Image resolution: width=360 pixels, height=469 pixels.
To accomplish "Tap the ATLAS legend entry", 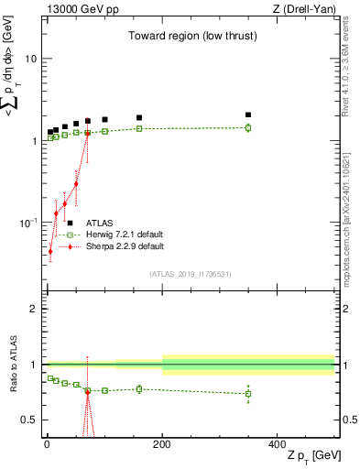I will point(100,223).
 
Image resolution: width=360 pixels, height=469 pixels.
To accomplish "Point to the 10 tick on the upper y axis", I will point(30,59).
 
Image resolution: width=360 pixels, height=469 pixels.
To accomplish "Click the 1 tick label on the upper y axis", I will point(34,141).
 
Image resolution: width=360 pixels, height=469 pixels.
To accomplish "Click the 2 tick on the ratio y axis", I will point(34,309).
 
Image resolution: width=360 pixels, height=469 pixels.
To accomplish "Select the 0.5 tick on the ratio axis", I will point(29,420).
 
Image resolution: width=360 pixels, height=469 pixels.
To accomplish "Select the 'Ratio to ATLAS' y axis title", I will point(12,367).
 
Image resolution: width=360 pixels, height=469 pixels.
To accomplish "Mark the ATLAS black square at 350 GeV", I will point(248,115).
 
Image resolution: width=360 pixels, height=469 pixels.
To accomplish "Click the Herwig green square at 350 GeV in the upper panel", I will point(248,127).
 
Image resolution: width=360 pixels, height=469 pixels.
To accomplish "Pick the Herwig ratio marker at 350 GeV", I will point(248,394).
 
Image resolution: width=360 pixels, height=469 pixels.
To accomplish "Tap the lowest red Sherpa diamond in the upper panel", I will point(49,251).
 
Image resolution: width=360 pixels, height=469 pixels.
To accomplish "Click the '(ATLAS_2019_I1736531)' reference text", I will point(191,274).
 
